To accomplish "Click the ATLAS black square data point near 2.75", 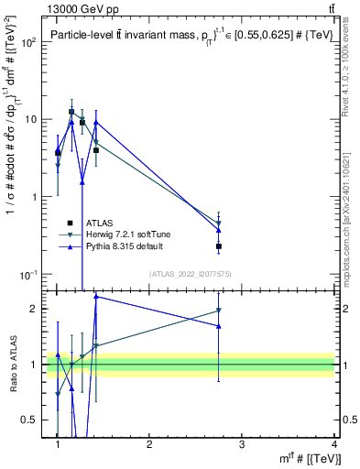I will coord(219,246).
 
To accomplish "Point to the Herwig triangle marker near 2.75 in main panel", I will coord(219,223).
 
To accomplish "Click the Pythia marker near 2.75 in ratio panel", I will coord(219,326).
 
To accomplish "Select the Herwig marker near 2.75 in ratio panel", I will coord(219,311).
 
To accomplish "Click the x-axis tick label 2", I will coord(149,444).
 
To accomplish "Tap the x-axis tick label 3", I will coord(241,444).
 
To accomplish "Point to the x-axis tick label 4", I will coord(333,444).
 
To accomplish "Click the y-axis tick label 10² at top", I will coord(30,42).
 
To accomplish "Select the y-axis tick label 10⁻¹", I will coord(30,275).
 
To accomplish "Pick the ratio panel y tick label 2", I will coord(39,309).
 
